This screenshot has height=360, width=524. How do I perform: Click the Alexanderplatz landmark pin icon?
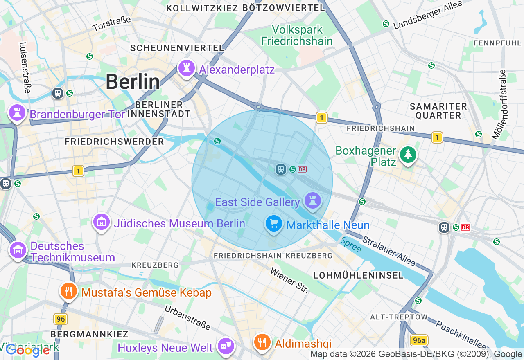point(186,68)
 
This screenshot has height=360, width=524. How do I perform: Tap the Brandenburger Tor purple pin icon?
point(17,112)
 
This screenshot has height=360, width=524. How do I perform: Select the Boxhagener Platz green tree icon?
point(408,155)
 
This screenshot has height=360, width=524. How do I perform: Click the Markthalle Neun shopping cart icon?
point(273,224)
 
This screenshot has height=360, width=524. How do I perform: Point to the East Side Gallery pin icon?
point(313,201)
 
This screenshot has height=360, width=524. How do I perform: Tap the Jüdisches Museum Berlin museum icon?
point(102,222)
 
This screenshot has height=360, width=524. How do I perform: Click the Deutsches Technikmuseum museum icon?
point(18,250)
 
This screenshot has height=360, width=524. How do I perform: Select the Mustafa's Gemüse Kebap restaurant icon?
point(68,291)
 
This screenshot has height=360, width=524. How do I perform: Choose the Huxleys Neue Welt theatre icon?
point(226,346)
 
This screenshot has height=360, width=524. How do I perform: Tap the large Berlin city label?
point(133,82)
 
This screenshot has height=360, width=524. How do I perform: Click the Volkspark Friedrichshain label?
point(297,36)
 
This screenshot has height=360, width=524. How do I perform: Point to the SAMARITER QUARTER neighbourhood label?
point(438,111)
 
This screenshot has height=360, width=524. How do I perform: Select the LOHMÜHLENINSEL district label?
point(358,275)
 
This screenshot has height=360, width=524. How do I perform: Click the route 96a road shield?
point(419,340)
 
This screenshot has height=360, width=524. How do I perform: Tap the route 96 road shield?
point(61,319)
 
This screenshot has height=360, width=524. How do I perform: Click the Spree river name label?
point(351,245)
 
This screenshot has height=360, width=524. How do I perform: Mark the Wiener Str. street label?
point(289,281)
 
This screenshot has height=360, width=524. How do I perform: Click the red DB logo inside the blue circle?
point(302,169)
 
